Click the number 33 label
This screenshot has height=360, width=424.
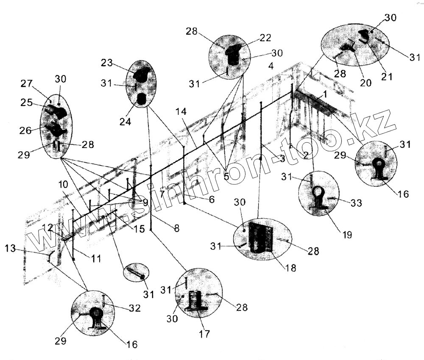point(356,203)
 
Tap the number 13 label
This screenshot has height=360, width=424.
point(11,248)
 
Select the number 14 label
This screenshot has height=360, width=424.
point(181,112)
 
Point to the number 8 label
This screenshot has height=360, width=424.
point(176,228)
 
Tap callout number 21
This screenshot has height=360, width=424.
point(387,77)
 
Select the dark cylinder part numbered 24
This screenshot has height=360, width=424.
point(142,99)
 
